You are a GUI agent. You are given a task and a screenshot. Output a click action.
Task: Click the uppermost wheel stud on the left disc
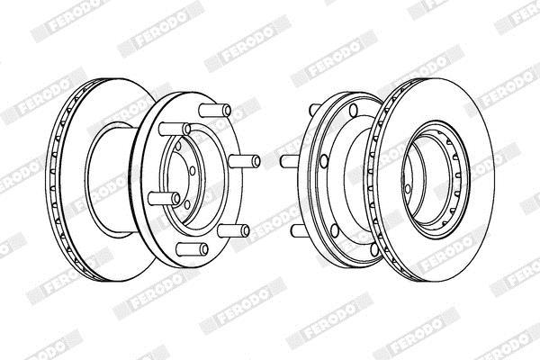tap(215, 110)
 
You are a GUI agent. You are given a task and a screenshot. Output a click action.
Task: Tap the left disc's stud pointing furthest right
tap(245, 161)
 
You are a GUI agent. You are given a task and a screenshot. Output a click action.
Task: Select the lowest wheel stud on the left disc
tap(193, 249)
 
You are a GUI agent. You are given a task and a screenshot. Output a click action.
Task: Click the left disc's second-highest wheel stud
tap(175, 130)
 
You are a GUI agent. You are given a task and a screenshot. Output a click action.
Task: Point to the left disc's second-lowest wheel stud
tap(233, 230)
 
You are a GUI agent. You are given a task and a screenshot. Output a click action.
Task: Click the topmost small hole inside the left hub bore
tap(178, 146)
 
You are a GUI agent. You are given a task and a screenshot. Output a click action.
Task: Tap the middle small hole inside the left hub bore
tap(193, 171)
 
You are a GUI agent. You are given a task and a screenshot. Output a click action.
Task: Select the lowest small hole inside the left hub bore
tap(187, 204)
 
